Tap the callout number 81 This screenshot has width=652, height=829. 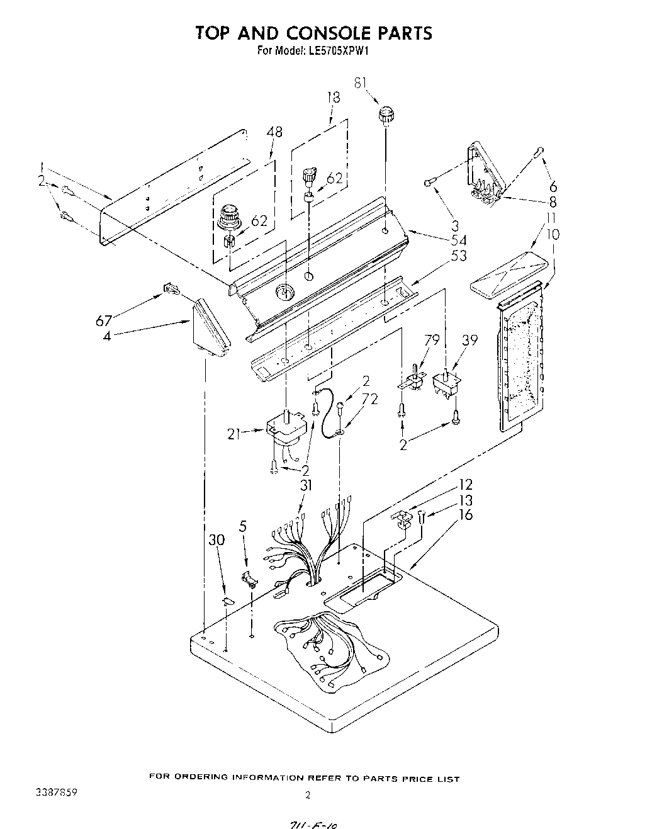[x=360, y=83]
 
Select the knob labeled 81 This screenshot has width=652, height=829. [x=385, y=115]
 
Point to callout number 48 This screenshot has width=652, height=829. [x=274, y=132]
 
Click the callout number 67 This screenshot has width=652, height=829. [x=104, y=320]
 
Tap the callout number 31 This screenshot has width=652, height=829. [x=306, y=485]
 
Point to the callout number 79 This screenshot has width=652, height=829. [x=432, y=341]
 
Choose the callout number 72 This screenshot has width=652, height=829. [x=370, y=398]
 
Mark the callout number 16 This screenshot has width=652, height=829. [x=466, y=515]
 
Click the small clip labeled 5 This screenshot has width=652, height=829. [x=250, y=577]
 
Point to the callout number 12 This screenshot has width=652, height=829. [x=466, y=485]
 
